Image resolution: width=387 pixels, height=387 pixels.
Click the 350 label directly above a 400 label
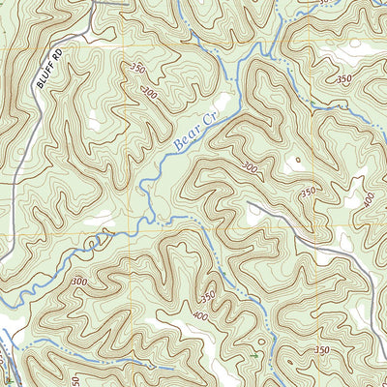[206, 295]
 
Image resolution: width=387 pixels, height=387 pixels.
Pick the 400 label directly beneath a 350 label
[200, 315]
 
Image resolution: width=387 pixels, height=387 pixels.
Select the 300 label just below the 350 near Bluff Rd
[149, 93]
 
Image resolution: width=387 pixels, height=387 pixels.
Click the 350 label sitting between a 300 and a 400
[308, 193]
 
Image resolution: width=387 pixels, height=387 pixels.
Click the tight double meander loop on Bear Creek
[97, 235]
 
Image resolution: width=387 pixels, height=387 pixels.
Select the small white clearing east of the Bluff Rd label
[94, 123]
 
